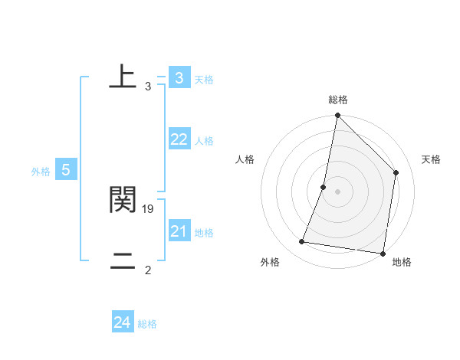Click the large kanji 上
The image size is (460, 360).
[x=123, y=77]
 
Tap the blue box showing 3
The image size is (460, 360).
[x=179, y=77]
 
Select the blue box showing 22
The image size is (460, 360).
[x=179, y=139]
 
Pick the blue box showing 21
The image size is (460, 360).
[x=179, y=231]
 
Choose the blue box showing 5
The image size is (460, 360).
[x=66, y=170]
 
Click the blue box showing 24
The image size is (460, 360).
[x=122, y=322]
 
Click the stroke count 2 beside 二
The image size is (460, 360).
[x=148, y=270]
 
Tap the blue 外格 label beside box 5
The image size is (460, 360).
[x=41, y=172]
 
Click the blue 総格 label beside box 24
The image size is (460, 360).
[x=147, y=324]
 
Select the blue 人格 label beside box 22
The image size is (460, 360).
[x=204, y=141]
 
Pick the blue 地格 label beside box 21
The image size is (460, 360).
[x=204, y=233]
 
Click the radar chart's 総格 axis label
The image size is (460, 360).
[x=338, y=100]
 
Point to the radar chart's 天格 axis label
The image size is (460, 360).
[x=432, y=159]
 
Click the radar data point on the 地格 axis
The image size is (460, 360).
[x=383, y=253]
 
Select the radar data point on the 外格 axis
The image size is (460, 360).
[x=302, y=242]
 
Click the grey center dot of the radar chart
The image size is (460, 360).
[x=338, y=191]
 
